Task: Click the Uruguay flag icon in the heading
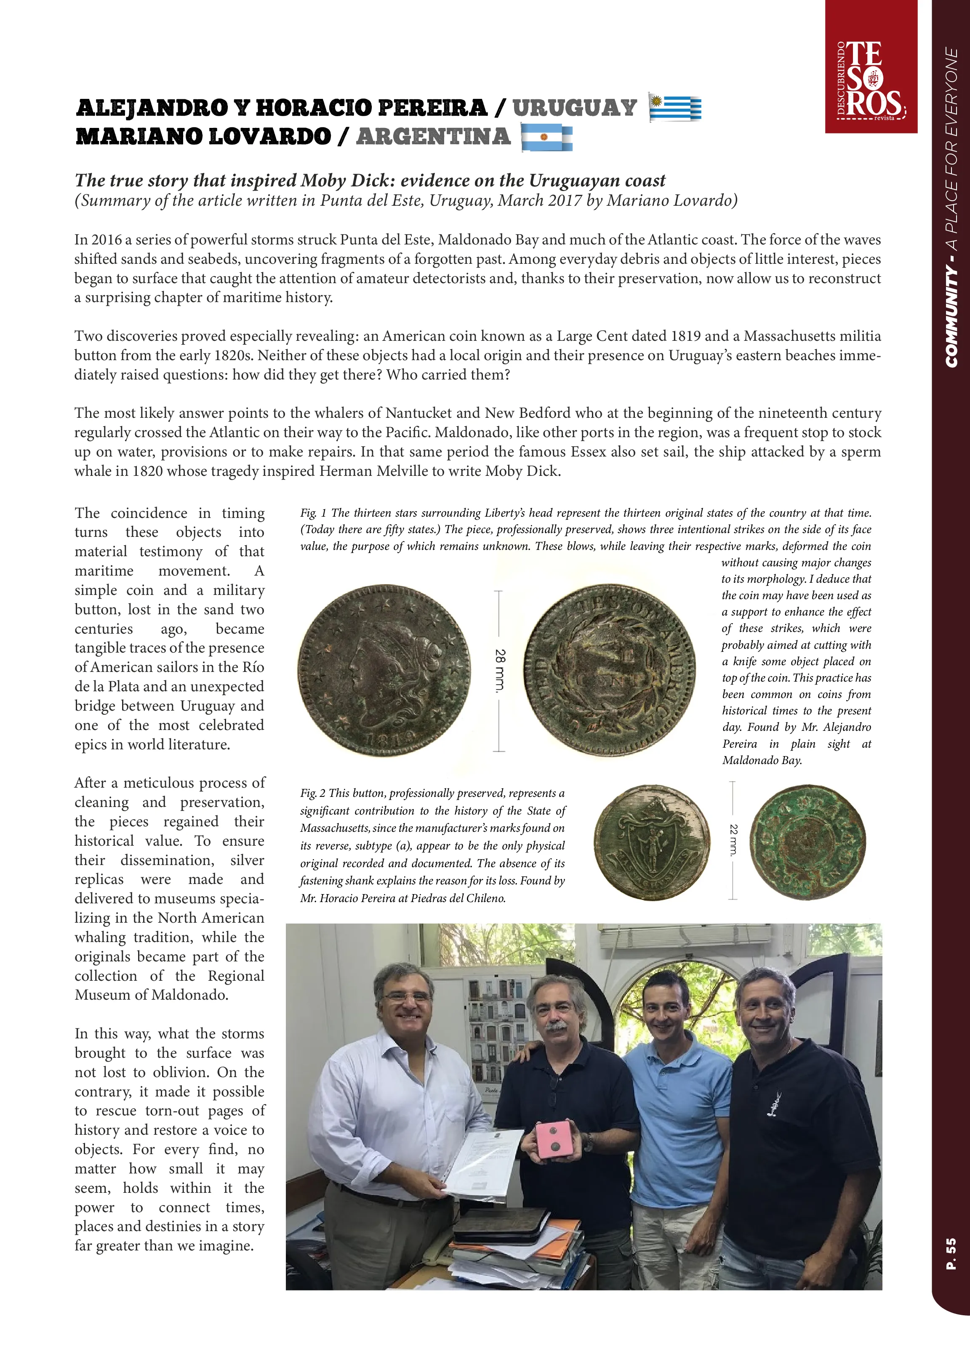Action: click(x=675, y=109)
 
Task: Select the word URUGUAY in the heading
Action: click(x=575, y=108)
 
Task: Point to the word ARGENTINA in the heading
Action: click(x=433, y=137)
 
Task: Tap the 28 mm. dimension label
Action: click(x=501, y=670)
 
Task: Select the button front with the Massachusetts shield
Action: click(x=652, y=842)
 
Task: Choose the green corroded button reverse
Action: click(x=807, y=842)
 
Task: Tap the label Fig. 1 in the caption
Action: click(x=313, y=513)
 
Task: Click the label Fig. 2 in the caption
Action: click(x=313, y=794)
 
